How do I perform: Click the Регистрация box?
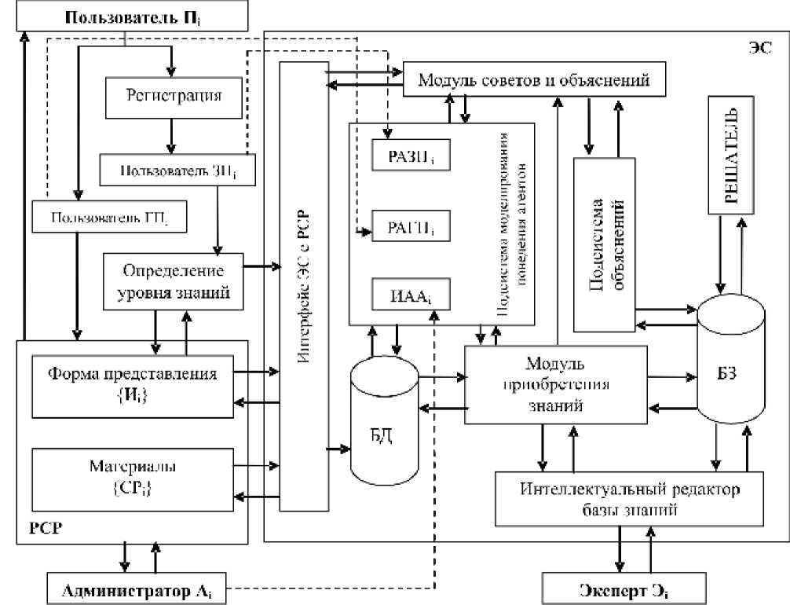click(x=174, y=96)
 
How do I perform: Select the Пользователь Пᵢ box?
click(x=126, y=16)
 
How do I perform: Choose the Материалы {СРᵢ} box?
click(x=132, y=477)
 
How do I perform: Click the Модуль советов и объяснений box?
click(x=535, y=79)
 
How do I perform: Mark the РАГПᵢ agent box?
click(x=411, y=227)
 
